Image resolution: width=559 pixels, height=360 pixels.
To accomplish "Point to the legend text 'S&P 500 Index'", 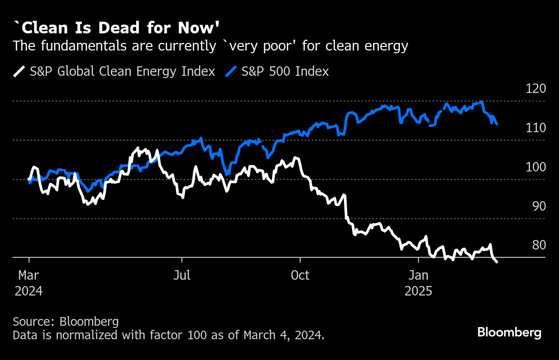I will (x=285, y=71).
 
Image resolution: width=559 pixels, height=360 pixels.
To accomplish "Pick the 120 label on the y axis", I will (x=536, y=88).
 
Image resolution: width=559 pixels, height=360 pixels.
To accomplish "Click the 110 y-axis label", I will (x=536, y=128).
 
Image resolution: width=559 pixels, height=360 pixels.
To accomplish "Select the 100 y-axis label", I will (x=536, y=167).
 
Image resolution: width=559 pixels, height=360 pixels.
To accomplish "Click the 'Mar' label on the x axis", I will (x=29, y=275).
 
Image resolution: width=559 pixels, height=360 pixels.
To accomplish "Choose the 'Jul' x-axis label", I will (x=182, y=275).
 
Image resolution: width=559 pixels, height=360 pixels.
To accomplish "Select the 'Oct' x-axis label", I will (x=300, y=275).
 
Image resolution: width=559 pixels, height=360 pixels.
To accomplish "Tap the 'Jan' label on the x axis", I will (x=418, y=275).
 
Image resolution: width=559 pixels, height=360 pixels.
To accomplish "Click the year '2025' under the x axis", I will (x=418, y=291).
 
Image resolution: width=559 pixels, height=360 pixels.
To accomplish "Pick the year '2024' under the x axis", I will (x=29, y=291).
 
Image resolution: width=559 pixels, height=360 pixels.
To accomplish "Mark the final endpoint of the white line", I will (x=497, y=262).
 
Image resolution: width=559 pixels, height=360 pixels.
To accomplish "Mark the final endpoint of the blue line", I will (x=497, y=124).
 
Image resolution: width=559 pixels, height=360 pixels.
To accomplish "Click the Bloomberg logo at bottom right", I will (x=509, y=333).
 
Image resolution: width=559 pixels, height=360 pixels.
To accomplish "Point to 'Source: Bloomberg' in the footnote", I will (x=66, y=322).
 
